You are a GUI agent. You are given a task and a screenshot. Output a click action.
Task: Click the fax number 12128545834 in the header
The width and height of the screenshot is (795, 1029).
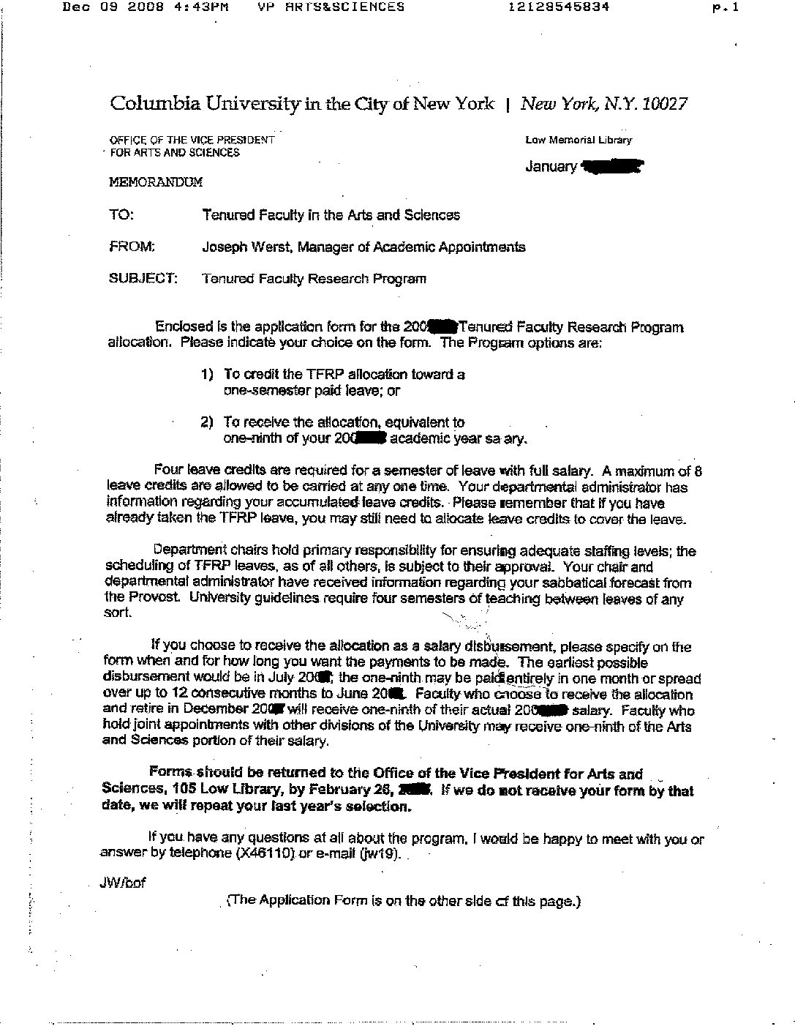[559, 7]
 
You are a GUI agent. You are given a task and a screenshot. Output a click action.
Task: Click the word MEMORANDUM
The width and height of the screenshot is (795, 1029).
[156, 182]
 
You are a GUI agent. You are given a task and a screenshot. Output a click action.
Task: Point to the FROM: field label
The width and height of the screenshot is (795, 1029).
[132, 247]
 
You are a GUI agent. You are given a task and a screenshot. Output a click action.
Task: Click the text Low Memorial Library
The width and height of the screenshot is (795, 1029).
[579, 140]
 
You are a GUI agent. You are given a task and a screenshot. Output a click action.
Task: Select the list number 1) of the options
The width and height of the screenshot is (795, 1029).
[207, 375]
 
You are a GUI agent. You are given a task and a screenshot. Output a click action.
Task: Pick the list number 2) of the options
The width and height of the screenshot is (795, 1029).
[207, 422]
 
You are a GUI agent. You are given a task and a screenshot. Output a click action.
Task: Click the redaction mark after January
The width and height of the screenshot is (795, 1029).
[611, 168]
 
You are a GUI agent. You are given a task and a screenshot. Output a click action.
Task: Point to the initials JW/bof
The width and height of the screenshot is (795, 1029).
[123, 883]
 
